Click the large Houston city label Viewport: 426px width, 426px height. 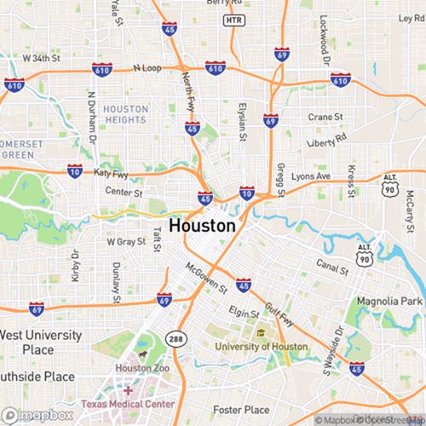click(x=202, y=226)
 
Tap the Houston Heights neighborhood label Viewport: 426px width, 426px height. click(x=125, y=115)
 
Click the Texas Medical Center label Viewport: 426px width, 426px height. click(x=128, y=403)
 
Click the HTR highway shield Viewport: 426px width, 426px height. click(x=231, y=19)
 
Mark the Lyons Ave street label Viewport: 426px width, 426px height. click(x=311, y=176)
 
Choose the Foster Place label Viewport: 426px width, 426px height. click(x=241, y=410)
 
